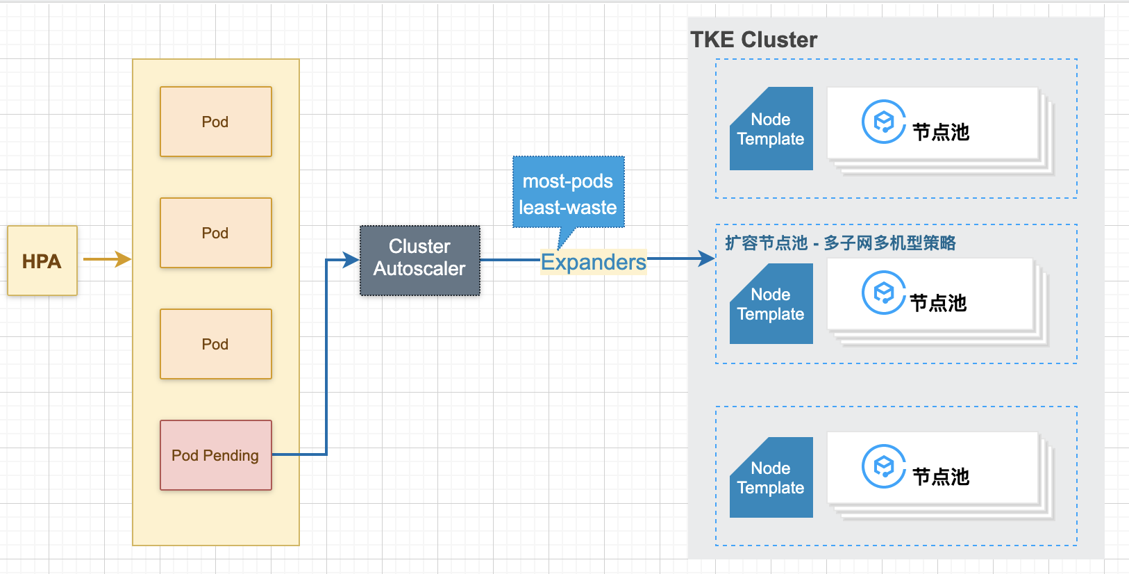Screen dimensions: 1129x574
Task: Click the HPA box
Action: click(x=42, y=261)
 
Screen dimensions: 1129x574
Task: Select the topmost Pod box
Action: click(x=216, y=122)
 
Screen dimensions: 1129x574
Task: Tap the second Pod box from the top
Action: click(x=216, y=233)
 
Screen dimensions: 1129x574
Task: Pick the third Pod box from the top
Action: click(x=216, y=344)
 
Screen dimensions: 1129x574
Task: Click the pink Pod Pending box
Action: click(x=216, y=455)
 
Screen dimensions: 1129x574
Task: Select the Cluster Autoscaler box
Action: click(x=420, y=261)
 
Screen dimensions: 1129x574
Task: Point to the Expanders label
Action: click(x=593, y=262)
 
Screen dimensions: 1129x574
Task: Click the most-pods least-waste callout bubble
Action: click(x=569, y=194)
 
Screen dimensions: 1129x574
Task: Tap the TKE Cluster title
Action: click(x=753, y=40)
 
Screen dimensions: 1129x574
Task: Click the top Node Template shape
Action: click(x=771, y=129)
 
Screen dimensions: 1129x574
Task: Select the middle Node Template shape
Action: click(x=771, y=304)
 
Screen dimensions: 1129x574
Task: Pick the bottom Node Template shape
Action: click(x=771, y=477)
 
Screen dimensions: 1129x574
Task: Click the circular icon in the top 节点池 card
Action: click(x=883, y=122)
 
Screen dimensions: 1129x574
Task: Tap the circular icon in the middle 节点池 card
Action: click(x=883, y=293)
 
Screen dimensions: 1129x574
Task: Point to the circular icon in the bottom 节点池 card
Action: click(x=883, y=466)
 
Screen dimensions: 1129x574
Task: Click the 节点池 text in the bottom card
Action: click(x=941, y=477)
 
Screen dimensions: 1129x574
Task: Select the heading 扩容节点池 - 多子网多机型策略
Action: click(x=840, y=243)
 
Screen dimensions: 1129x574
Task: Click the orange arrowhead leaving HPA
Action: click(x=123, y=259)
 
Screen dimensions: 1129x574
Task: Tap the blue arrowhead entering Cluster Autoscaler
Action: click(x=351, y=260)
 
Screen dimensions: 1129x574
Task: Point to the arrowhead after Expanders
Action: click(x=707, y=259)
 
